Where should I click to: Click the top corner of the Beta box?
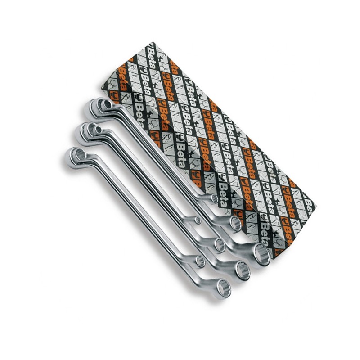152,42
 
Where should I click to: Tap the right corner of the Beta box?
316,206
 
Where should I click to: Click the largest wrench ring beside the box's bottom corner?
262,255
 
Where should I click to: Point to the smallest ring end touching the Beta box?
214,198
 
